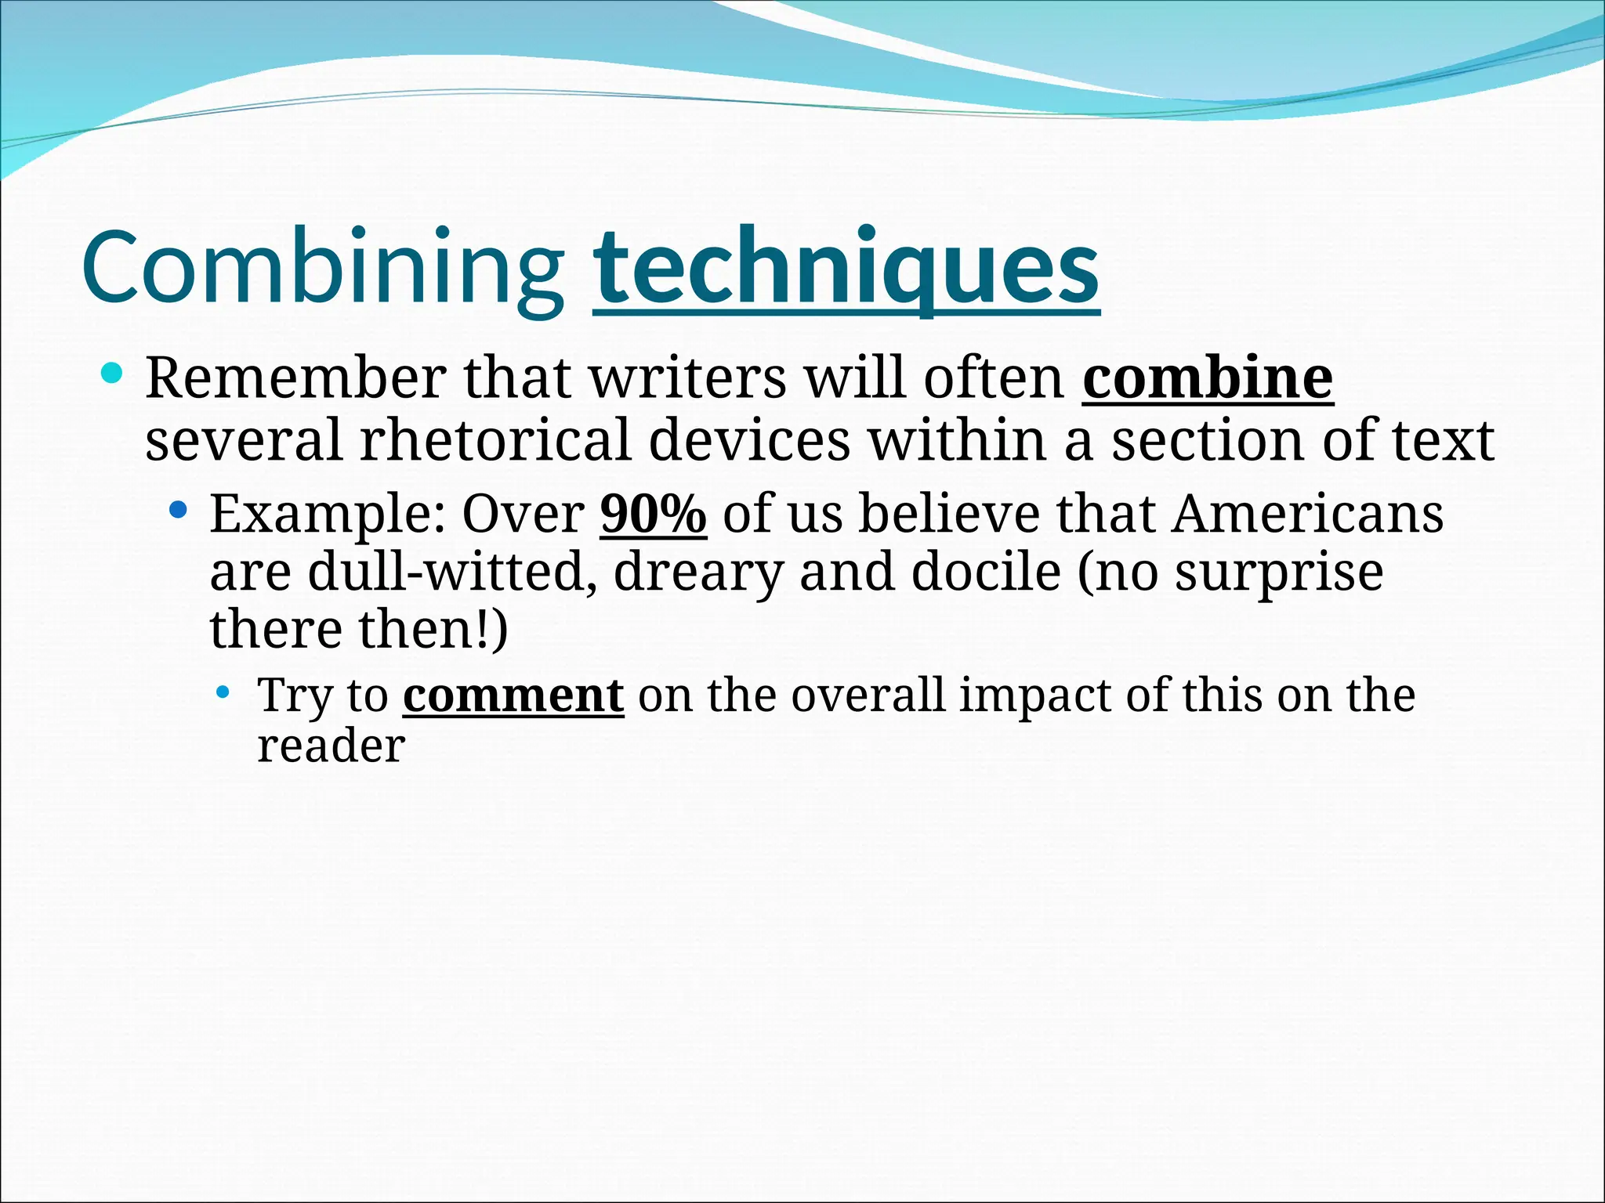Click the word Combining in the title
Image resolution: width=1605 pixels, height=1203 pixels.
pyautogui.click(x=323, y=268)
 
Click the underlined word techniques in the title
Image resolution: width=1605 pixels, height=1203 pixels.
pyautogui.click(x=846, y=268)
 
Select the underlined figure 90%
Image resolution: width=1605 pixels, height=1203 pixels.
pyautogui.click(x=653, y=514)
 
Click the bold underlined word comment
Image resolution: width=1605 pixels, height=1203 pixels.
pyautogui.click(x=513, y=695)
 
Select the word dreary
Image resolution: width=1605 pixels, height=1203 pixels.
pyautogui.click(x=697, y=573)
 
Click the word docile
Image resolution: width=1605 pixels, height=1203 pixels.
pyautogui.click(x=986, y=572)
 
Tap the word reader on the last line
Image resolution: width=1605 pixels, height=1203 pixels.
pyautogui.click(x=331, y=746)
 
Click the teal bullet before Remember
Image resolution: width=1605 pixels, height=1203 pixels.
pyautogui.click(x=112, y=374)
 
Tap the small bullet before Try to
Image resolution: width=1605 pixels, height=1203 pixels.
pyautogui.click(x=223, y=692)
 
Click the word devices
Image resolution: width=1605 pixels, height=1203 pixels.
pyautogui.click(x=749, y=440)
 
